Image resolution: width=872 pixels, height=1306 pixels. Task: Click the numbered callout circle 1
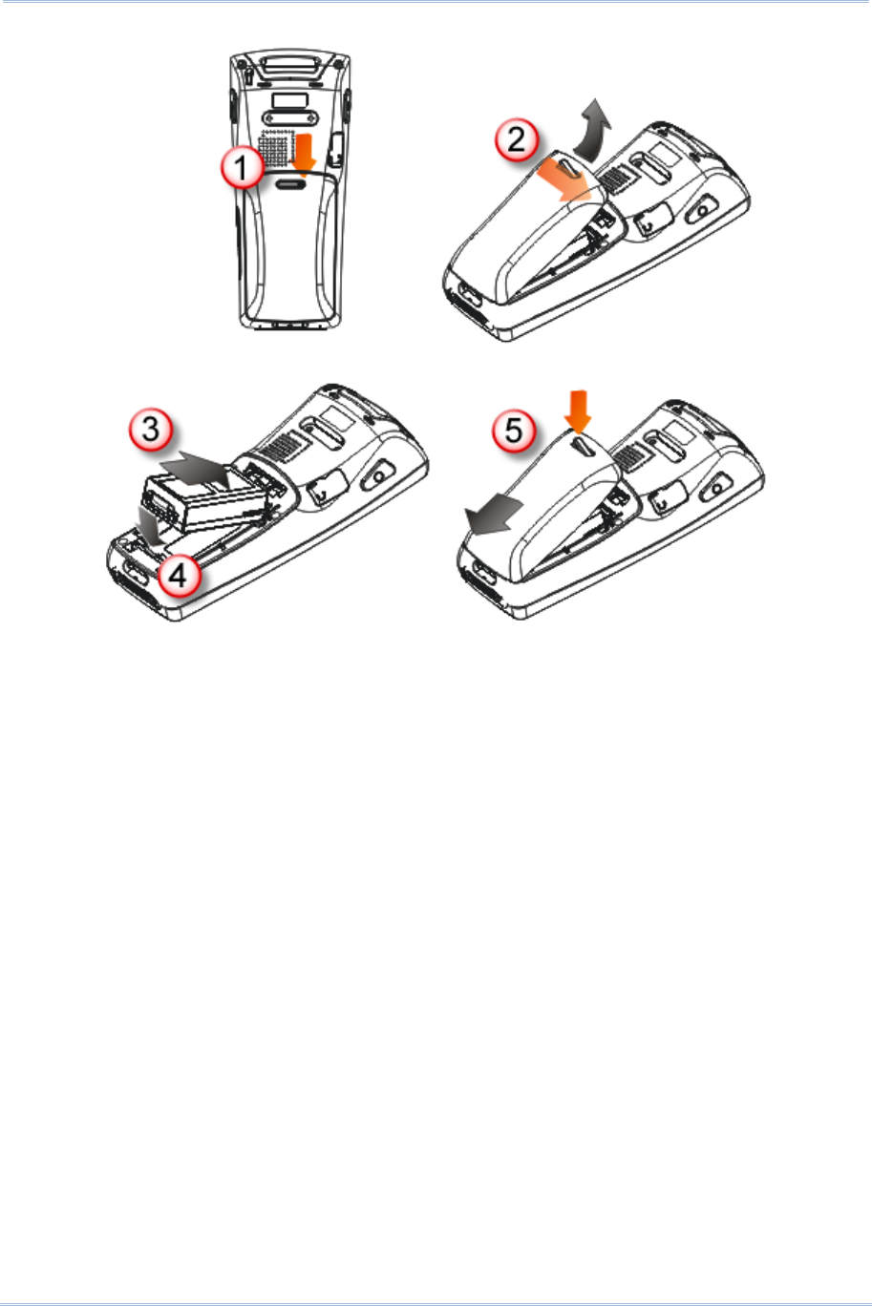click(242, 167)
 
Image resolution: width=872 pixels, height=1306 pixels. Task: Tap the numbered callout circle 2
click(516, 139)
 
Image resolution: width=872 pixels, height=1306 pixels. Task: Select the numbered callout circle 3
click(151, 429)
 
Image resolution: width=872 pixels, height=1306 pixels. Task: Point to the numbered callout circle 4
click(178, 576)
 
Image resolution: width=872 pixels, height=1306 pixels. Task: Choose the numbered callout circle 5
click(514, 431)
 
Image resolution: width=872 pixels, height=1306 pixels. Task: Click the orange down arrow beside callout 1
click(304, 155)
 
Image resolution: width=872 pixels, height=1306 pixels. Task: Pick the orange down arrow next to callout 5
click(578, 411)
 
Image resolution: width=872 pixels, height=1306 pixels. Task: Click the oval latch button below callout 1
click(290, 184)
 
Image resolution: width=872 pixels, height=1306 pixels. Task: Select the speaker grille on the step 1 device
click(276, 147)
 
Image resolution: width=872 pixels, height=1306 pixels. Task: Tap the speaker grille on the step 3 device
click(284, 448)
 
